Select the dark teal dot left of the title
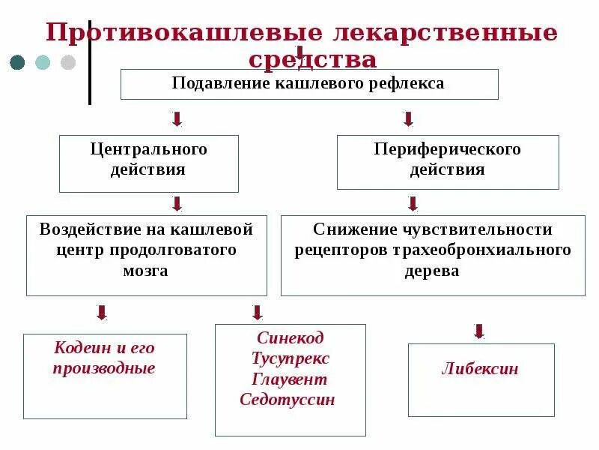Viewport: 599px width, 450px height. tap(17, 62)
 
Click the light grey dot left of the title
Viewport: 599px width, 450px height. tap(68, 62)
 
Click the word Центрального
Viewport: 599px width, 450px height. tap(149, 149)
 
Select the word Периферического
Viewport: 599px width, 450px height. tap(448, 149)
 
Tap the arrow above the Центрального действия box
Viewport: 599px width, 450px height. tap(177, 119)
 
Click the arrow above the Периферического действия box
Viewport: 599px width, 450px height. tap(408, 119)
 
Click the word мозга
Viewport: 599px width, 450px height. tap(146, 271)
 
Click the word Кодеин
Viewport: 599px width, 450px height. tap(78, 348)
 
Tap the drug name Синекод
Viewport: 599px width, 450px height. tap(291, 337)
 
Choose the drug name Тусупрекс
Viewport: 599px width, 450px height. tap(291, 358)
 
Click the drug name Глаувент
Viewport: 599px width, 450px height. tap(291, 379)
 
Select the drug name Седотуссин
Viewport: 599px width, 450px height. tap(288, 400)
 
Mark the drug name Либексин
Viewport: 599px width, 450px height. tap(481, 369)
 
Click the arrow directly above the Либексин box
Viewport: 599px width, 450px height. tap(479, 331)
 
